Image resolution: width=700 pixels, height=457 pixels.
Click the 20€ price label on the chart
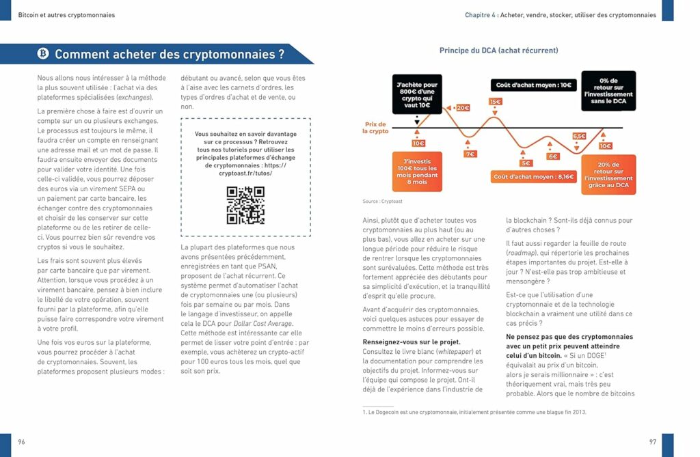pyautogui.click(x=463, y=108)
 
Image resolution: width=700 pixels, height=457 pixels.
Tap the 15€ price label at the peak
pyautogui.click(x=495, y=102)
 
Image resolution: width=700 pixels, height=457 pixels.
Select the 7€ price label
pyautogui.click(x=470, y=154)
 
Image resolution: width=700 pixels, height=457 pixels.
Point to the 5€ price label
pyautogui.click(x=526, y=163)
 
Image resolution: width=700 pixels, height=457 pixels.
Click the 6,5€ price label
pyautogui.click(x=579, y=136)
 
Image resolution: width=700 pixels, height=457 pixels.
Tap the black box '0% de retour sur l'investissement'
pyautogui.click(x=608, y=91)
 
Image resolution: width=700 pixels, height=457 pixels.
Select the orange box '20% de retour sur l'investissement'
pyautogui.click(x=608, y=174)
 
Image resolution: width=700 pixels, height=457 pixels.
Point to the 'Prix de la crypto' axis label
pyautogui.click(x=375, y=128)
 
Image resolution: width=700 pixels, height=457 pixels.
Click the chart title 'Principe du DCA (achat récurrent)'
pyautogui.click(x=498, y=51)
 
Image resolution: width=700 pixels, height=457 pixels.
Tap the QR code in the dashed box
pyautogui.click(x=245, y=206)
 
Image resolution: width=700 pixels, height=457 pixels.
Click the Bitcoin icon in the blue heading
pyautogui.click(x=43, y=54)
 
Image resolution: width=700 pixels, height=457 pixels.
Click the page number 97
pyautogui.click(x=652, y=442)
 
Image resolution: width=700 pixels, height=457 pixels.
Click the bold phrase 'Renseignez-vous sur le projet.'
pyautogui.click(x=412, y=342)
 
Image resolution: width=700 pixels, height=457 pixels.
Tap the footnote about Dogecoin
pyautogui.click(x=474, y=412)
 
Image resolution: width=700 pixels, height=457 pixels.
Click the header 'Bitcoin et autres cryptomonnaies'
pyautogui.click(x=66, y=15)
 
